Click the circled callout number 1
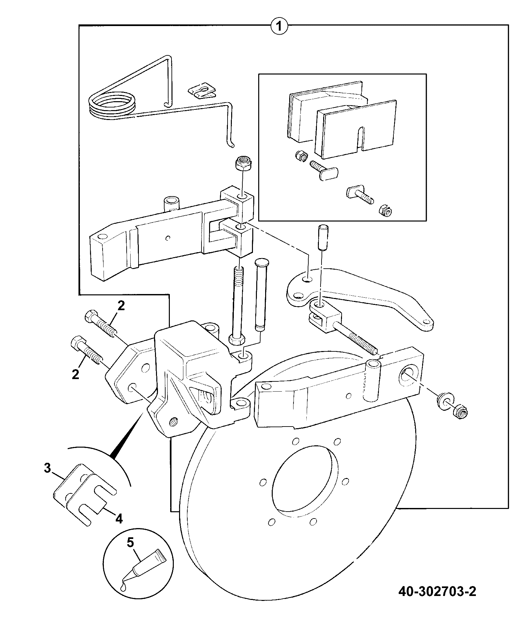tap(279, 25)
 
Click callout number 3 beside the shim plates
tap(48, 468)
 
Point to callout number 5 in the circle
tap(131, 542)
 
